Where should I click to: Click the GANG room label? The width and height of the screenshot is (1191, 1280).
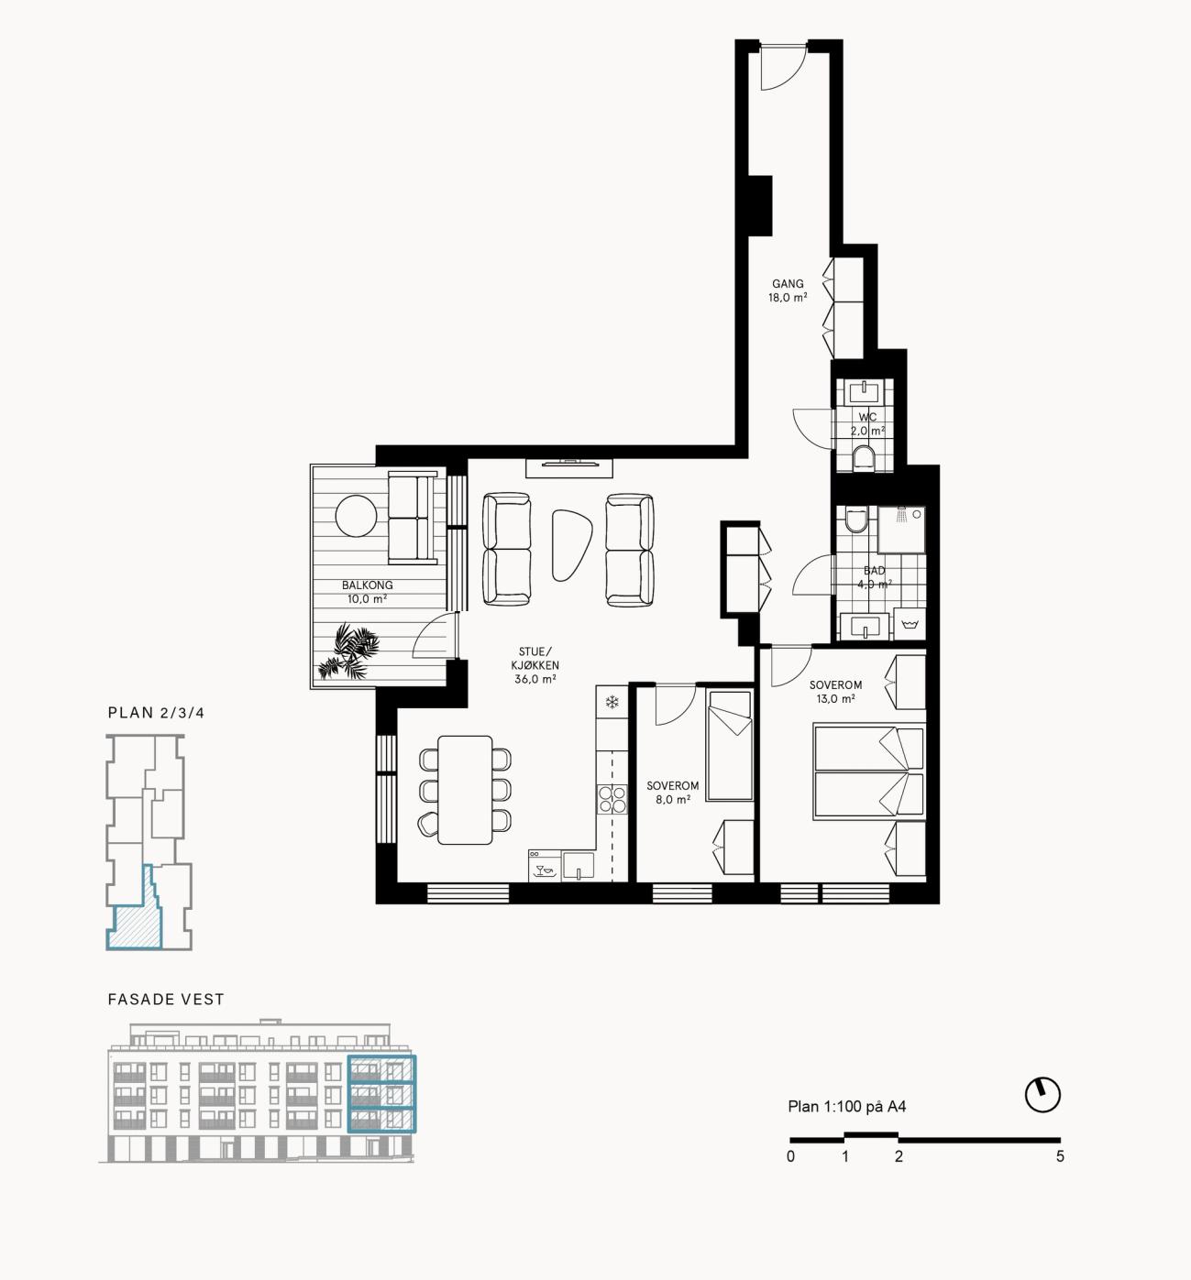point(788,284)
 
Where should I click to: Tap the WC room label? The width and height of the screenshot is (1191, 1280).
point(867,417)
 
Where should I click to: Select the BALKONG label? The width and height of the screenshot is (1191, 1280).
point(367,585)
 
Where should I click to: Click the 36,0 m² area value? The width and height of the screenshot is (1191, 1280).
point(535,679)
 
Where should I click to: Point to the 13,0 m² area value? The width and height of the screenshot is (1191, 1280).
point(835,699)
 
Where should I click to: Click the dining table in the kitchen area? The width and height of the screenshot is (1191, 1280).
point(465,790)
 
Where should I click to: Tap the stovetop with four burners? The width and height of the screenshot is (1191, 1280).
point(612,799)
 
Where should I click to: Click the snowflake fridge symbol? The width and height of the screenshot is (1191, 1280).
point(611,701)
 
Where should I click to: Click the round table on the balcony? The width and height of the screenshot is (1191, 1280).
point(356,515)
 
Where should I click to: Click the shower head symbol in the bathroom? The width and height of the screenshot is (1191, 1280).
point(901,514)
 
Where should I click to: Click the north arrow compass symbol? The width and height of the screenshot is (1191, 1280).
point(1042,1094)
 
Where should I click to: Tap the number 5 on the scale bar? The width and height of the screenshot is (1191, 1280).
point(1059,1156)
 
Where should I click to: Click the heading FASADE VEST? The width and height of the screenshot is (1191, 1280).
point(166,999)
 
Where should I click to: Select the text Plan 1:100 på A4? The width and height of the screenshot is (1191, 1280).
point(846,1107)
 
